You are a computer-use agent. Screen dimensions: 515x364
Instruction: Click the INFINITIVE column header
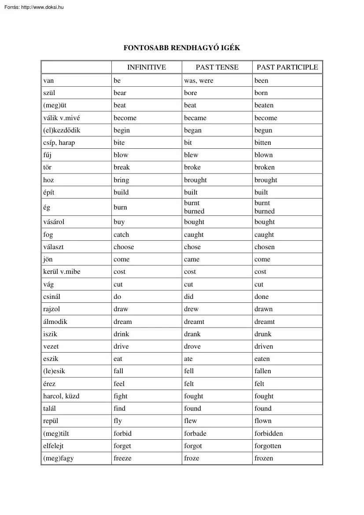(146, 67)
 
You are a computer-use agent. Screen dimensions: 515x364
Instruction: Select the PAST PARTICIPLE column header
(287, 67)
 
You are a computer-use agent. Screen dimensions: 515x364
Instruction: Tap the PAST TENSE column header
(217, 67)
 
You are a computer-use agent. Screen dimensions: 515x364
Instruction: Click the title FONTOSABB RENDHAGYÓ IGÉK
(182, 48)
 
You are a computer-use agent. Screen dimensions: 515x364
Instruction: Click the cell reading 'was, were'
(199, 81)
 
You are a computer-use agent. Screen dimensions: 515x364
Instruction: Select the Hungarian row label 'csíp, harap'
(59, 143)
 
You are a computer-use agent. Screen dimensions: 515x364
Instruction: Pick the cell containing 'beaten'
(264, 105)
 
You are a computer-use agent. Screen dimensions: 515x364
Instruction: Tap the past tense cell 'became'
(195, 118)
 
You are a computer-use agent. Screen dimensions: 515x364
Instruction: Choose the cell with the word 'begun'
(263, 130)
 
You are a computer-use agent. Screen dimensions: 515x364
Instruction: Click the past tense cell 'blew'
(191, 155)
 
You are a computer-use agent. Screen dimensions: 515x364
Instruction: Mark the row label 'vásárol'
(54, 222)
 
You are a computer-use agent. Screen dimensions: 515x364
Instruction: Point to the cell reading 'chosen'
(264, 247)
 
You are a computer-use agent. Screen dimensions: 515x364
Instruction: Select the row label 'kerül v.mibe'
(62, 272)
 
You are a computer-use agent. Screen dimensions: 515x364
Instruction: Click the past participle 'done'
(261, 297)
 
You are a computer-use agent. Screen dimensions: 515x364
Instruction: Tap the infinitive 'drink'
(121, 334)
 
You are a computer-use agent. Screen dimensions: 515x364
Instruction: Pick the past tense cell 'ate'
(188, 359)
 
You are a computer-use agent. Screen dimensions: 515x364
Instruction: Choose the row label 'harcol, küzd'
(61, 396)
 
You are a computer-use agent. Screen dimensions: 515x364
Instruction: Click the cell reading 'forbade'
(195, 434)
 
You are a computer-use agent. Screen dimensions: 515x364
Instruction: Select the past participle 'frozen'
(264, 458)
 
